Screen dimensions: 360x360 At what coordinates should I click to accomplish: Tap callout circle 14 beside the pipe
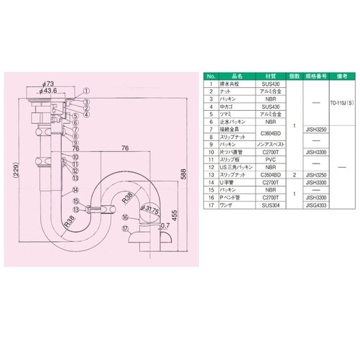[x=73, y=191]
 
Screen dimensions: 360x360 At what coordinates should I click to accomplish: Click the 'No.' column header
[x=210, y=75]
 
